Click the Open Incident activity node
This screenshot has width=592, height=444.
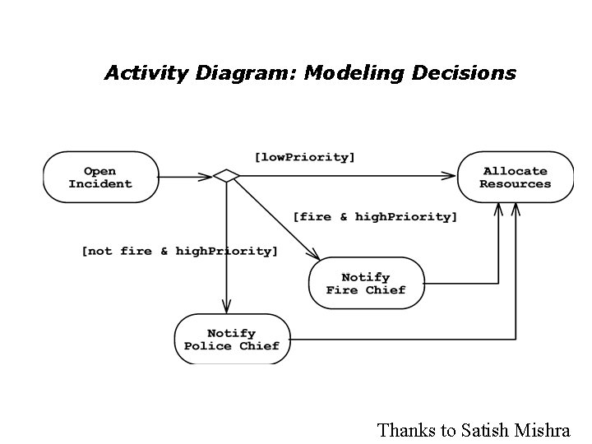click(100, 177)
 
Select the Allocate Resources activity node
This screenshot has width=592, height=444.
click(515, 177)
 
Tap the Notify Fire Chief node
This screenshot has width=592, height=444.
click(366, 283)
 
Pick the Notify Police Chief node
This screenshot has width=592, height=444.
click(232, 340)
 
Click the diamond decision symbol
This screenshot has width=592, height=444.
click(226, 175)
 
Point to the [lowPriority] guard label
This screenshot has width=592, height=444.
click(305, 156)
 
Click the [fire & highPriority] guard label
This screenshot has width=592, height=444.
click(375, 217)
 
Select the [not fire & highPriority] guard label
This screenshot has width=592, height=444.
click(179, 251)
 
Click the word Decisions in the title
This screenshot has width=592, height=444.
click(465, 73)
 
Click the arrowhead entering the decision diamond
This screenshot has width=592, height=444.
click(206, 175)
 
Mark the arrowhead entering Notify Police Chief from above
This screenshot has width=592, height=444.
click(226, 309)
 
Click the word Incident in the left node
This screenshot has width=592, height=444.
click(100, 184)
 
